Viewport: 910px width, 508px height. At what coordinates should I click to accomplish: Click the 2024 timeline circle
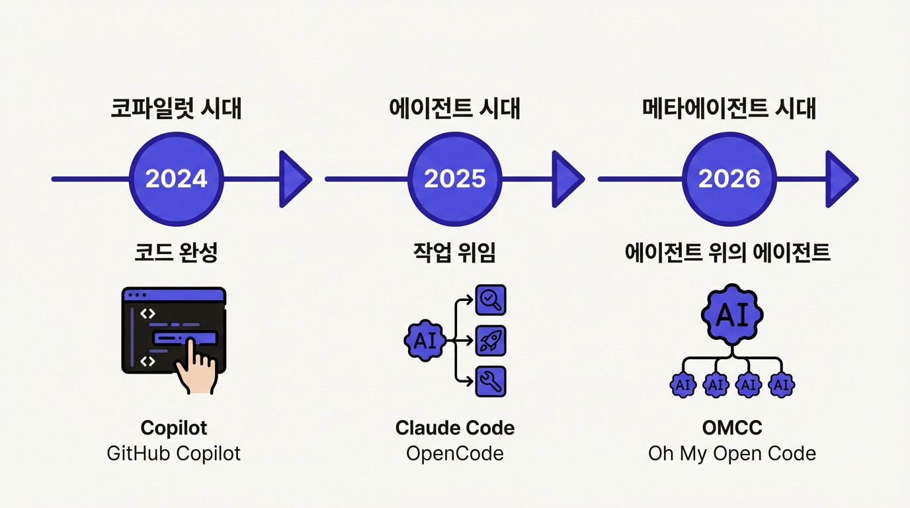pos(176,179)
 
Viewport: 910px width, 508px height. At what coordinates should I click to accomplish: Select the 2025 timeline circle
pos(455,179)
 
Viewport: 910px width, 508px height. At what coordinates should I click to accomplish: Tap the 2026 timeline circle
pos(729,179)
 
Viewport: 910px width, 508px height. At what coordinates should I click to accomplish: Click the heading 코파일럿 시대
pos(176,108)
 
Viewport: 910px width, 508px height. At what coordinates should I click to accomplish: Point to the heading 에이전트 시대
pos(455,108)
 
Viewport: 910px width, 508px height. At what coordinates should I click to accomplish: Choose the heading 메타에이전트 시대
pos(729,108)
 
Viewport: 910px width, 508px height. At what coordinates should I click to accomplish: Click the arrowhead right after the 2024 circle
pos(293,179)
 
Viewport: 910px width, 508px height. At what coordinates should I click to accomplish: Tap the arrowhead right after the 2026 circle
pos(839,179)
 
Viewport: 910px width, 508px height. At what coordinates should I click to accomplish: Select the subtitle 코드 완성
pos(176,253)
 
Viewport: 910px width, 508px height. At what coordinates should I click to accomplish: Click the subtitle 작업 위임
pos(455,253)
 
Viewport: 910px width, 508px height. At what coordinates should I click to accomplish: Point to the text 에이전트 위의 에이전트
pos(729,253)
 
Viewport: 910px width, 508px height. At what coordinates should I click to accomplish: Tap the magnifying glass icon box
pos(491,300)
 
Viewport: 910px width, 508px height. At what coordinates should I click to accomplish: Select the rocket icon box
pos(491,341)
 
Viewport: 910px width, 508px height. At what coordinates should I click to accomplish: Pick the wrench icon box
pos(491,381)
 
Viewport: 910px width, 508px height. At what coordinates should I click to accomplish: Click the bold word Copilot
pos(174,428)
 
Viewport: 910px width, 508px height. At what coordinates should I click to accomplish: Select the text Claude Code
pos(455,428)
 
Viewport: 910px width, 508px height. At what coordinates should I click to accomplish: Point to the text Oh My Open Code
pos(731,454)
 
